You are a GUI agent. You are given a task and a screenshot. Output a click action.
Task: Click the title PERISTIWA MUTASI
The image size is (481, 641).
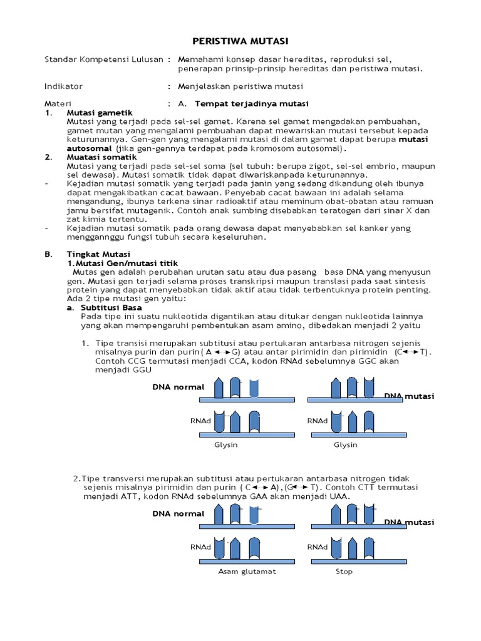click(x=240, y=41)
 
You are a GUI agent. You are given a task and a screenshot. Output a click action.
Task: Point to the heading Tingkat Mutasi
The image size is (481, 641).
click(x=98, y=254)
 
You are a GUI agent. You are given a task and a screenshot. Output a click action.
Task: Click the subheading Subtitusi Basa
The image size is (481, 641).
click(x=111, y=307)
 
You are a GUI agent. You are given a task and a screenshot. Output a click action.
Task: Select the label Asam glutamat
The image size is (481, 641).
click(x=247, y=571)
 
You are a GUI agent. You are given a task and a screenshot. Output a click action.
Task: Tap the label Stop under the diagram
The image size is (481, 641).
click(x=344, y=571)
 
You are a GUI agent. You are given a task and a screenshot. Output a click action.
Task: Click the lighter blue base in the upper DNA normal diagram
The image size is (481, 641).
click(x=253, y=388)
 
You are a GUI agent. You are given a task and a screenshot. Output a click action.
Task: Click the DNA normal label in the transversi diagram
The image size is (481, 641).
click(x=178, y=513)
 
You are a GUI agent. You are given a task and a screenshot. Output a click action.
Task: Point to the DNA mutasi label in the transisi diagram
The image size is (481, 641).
click(x=409, y=396)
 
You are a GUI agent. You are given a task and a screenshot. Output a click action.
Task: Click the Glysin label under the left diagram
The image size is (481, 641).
click(x=226, y=444)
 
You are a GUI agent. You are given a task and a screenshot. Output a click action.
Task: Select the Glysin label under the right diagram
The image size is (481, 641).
click(x=345, y=444)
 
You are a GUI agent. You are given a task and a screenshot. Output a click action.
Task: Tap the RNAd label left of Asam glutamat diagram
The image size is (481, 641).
click(x=199, y=546)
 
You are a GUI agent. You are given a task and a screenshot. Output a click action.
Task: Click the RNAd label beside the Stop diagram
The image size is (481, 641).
click(x=317, y=546)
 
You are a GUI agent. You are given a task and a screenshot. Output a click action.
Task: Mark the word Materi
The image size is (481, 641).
click(x=58, y=103)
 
